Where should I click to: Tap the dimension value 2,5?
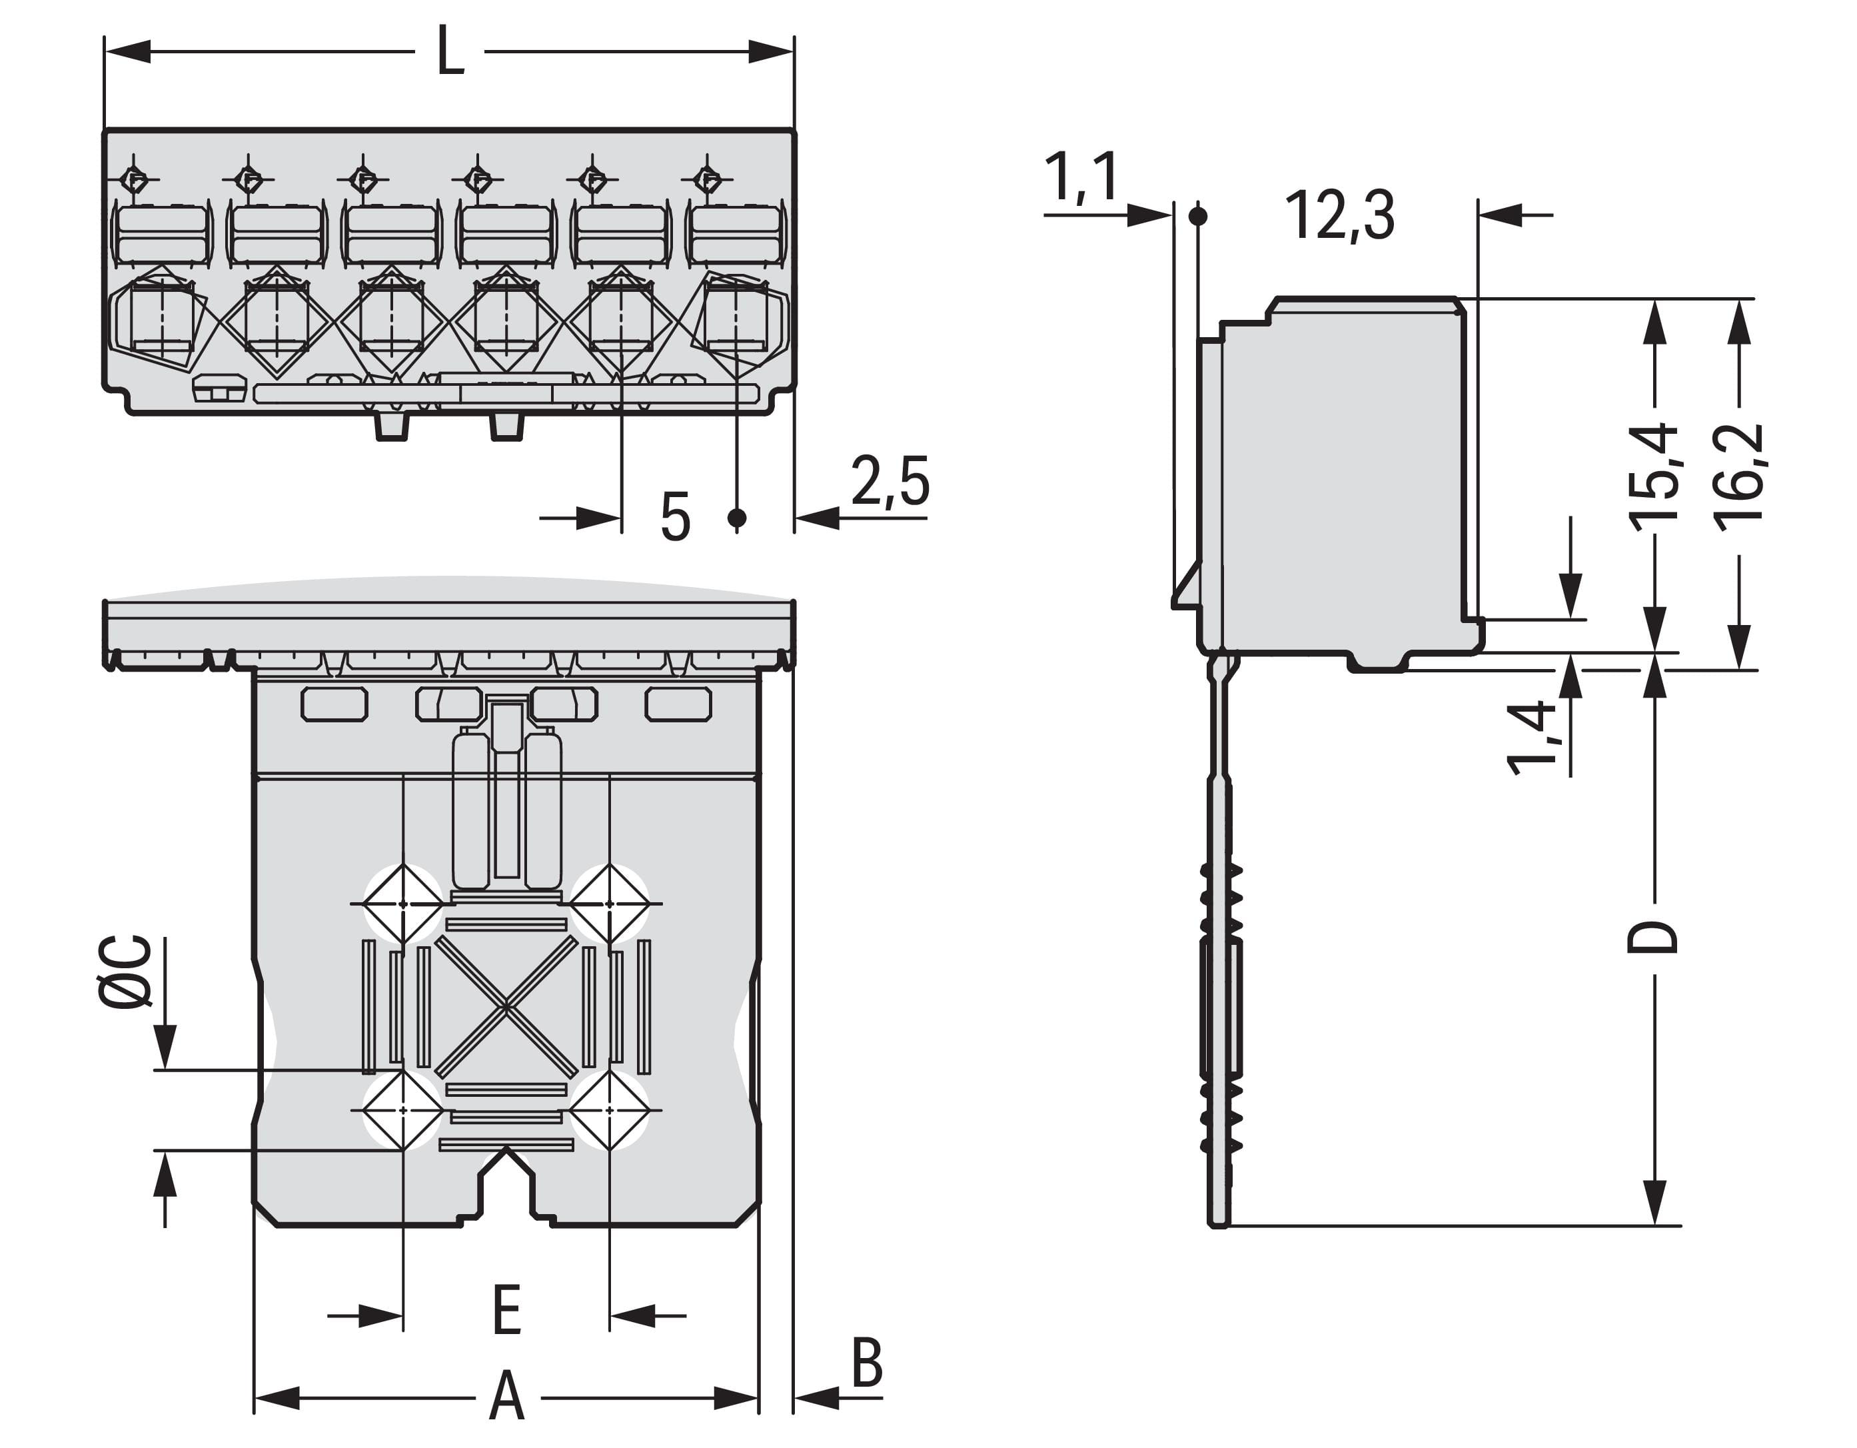point(890,481)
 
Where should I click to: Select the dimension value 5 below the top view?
point(675,517)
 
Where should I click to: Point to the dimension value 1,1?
point(1081,177)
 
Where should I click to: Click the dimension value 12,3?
point(1339,215)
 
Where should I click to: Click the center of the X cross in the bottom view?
point(506,1008)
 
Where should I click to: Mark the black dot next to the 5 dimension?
point(737,517)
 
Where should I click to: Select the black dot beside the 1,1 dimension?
point(1197,216)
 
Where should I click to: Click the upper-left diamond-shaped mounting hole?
point(403,904)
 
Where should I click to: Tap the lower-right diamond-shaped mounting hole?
point(610,1110)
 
